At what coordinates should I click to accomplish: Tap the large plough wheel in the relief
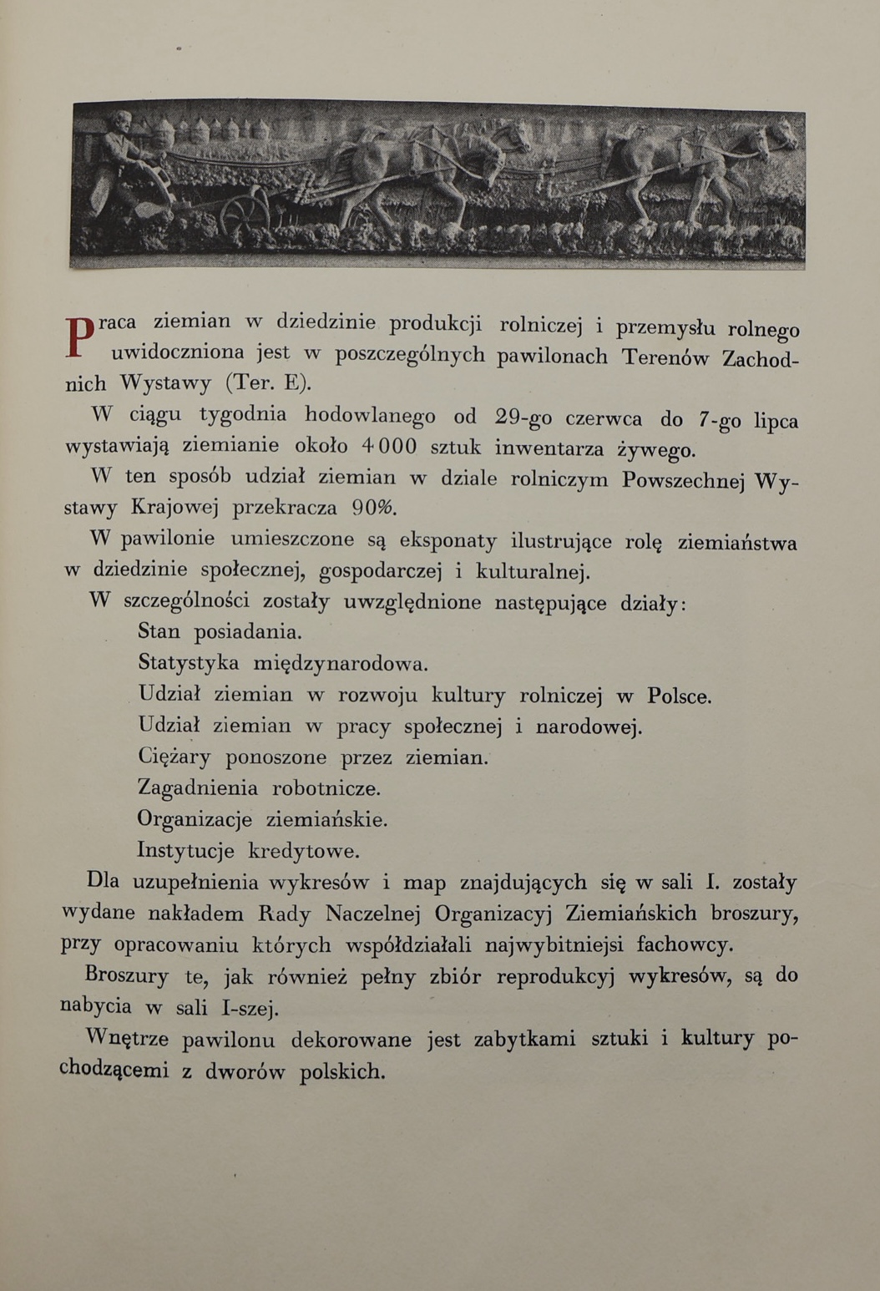(x=244, y=213)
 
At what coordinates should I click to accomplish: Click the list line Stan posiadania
(x=220, y=632)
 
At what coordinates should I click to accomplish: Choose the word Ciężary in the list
(x=174, y=757)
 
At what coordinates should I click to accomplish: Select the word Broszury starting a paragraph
(x=127, y=975)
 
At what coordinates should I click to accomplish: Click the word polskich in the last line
(x=342, y=1071)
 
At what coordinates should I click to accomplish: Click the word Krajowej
(x=174, y=508)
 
